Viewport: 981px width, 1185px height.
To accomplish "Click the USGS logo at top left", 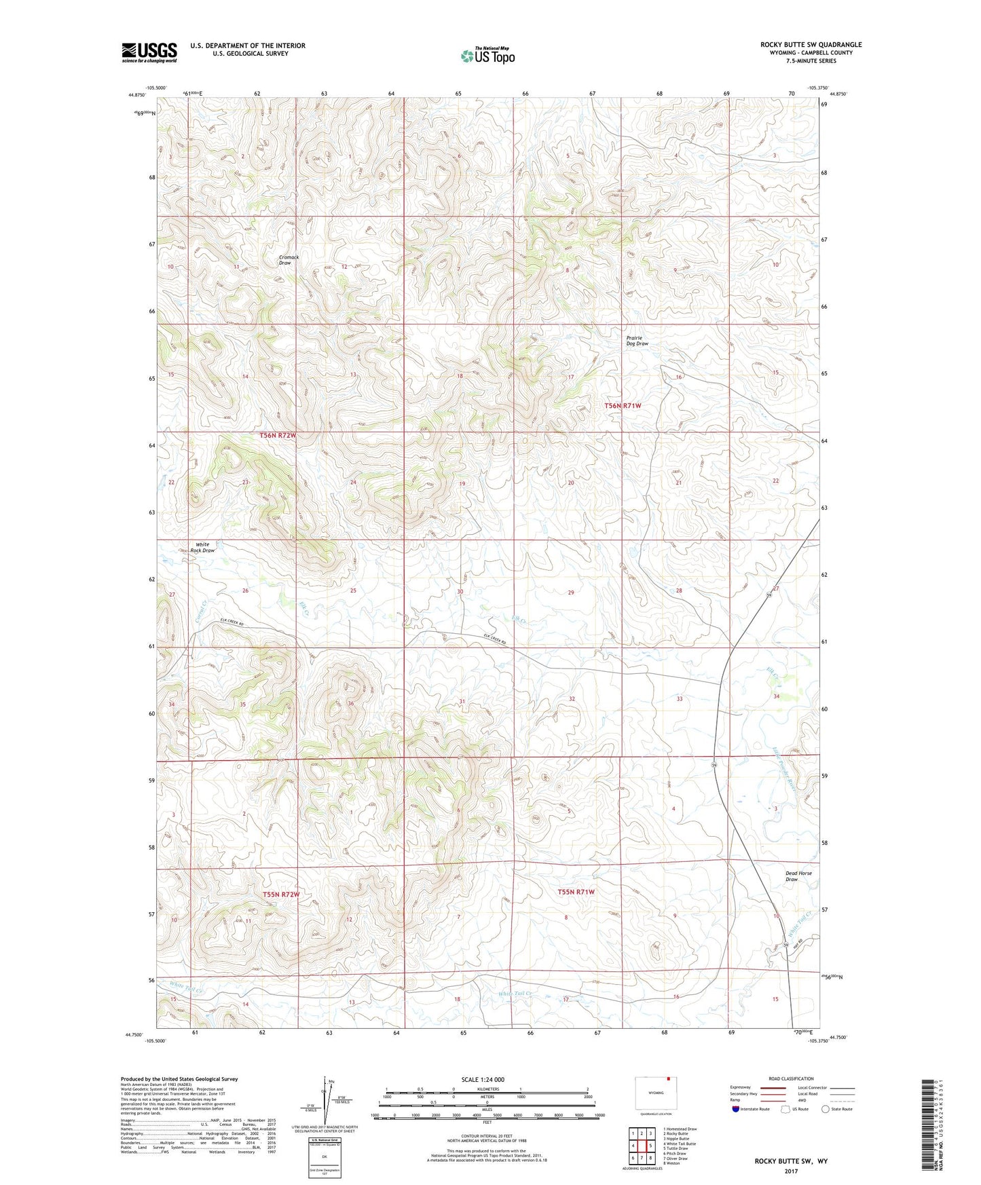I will coord(149,52).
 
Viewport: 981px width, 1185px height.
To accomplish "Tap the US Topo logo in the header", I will coord(487,56).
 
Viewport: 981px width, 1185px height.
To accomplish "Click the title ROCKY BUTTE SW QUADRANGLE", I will coord(811,45).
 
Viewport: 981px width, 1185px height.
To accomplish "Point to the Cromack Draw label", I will coord(289,260).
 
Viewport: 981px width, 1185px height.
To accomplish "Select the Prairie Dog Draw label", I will coord(637,341).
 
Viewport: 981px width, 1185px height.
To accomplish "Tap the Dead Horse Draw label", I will coord(798,876).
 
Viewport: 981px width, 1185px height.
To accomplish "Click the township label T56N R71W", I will coord(623,406).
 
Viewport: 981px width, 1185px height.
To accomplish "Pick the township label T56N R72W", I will coord(278,435).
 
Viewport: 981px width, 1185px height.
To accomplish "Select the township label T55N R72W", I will coord(281,895).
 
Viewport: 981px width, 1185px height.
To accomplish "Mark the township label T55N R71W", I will coord(576,892).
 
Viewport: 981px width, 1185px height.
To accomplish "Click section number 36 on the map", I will coord(351,703).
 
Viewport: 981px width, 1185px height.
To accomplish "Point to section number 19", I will coord(462,483).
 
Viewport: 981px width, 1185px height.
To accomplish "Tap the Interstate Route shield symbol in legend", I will coord(736,1109).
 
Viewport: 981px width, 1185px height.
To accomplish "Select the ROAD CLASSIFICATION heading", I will coord(791,1078).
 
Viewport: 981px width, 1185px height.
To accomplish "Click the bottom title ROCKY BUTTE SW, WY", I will coord(791,1161).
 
